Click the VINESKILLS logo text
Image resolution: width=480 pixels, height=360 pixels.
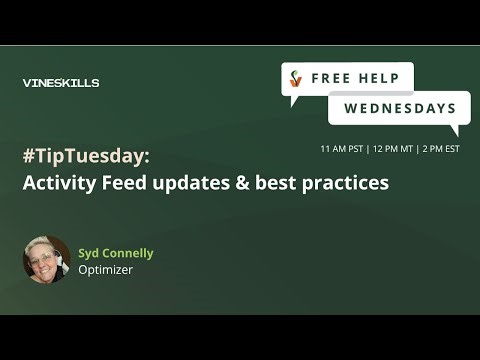(60, 83)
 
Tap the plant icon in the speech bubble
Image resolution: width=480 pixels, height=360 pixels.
(295, 78)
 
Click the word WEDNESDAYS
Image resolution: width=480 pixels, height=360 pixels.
(400, 108)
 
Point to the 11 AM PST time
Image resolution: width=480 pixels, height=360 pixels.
(342, 148)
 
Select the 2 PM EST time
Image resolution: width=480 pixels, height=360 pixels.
(440, 148)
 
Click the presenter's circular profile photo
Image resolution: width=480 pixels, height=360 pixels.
(46, 260)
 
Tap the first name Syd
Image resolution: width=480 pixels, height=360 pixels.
(91, 253)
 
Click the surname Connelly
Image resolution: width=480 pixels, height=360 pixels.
(131, 253)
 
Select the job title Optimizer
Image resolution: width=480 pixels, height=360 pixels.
(105, 269)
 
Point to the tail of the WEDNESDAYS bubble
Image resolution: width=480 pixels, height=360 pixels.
(455, 130)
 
